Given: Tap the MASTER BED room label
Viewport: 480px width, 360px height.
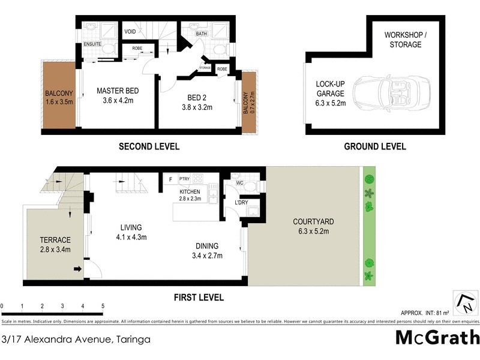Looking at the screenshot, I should tap(118, 91).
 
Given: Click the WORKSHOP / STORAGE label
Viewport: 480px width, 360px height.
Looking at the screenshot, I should tap(406, 40).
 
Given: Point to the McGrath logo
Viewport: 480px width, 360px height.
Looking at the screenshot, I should tap(437, 337).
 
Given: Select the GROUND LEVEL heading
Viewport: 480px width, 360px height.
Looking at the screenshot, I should tap(374, 146).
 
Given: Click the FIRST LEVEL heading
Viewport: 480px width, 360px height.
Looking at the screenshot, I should tap(198, 297).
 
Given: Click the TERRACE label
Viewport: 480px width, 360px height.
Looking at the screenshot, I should tap(55, 239).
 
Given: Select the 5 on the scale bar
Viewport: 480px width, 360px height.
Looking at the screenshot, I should tap(103, 306).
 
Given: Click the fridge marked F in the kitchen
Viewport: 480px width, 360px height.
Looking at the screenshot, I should tap(170, 179).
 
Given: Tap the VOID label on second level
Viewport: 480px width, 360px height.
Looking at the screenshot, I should tap(130, 31).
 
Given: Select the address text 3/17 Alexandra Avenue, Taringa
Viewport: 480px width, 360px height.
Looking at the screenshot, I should tap(76, 339).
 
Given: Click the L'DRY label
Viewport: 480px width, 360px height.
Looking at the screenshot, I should tap(241, 202).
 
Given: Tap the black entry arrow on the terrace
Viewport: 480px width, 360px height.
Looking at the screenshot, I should tap(77, 269).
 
